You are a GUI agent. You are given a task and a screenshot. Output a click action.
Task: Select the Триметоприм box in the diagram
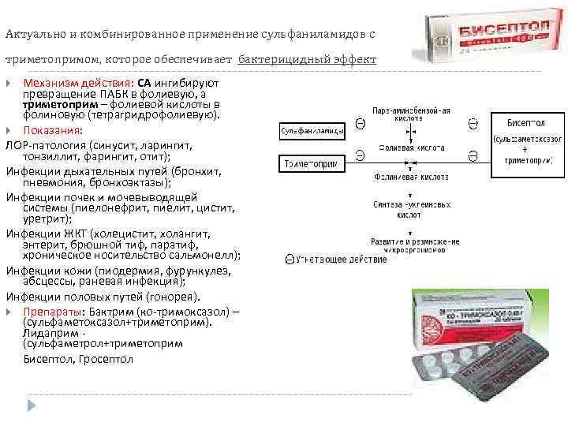click(310, 164)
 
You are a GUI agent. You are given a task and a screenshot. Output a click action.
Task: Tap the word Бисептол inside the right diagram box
click(525, 124)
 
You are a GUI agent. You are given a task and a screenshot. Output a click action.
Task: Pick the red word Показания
click(52, 130)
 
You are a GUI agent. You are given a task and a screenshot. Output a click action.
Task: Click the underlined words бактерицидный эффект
click(307, 60)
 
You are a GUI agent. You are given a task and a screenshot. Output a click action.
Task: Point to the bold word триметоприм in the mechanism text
click(60, 103)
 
